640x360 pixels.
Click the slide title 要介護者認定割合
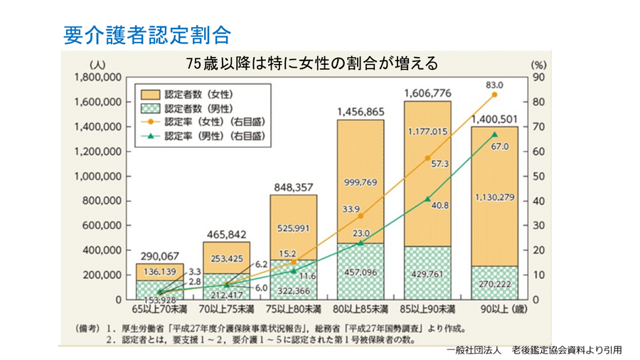pos(146,33)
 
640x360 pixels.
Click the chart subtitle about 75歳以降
pos(311,63)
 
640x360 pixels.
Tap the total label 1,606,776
pos(427,92)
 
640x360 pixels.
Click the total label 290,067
pos(159,255)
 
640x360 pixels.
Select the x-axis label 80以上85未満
pos(361,310)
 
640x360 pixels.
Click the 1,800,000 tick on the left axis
pos(97,77)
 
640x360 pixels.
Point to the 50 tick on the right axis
pos(538,176)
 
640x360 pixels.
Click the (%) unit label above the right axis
pos(538,63)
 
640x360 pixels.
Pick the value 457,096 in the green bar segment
pos(361,272)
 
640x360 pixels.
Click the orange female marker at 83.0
pos(494,95)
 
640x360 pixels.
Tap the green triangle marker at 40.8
pos(427,199)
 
